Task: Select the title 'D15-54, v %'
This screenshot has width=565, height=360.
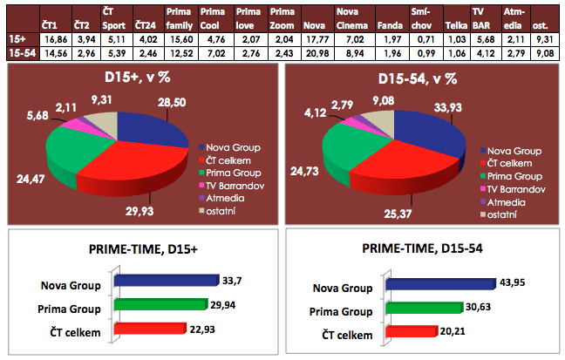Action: (x=419, y=80)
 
